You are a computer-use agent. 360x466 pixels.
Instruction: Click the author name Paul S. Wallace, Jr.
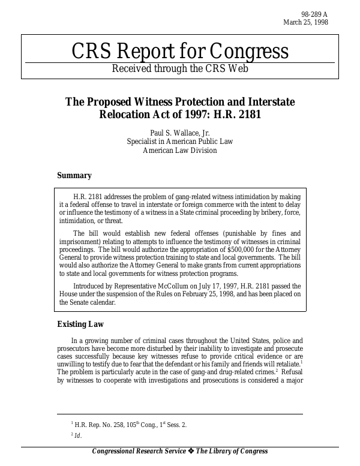tap(179, 133)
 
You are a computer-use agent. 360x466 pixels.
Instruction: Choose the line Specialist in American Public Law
tap(179, 142)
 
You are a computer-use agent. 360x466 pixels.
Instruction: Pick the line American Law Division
tap(179, 151)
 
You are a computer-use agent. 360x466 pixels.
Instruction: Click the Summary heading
tap(74, 176)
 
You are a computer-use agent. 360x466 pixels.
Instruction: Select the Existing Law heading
tap(80, 324)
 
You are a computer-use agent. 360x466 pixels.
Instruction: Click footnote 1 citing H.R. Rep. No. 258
tap(128, 425)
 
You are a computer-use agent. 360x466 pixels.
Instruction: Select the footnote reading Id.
tap(76, 436)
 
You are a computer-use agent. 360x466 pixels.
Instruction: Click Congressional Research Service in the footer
tap(138, 452)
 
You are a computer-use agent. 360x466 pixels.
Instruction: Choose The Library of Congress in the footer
tap(232, 452)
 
